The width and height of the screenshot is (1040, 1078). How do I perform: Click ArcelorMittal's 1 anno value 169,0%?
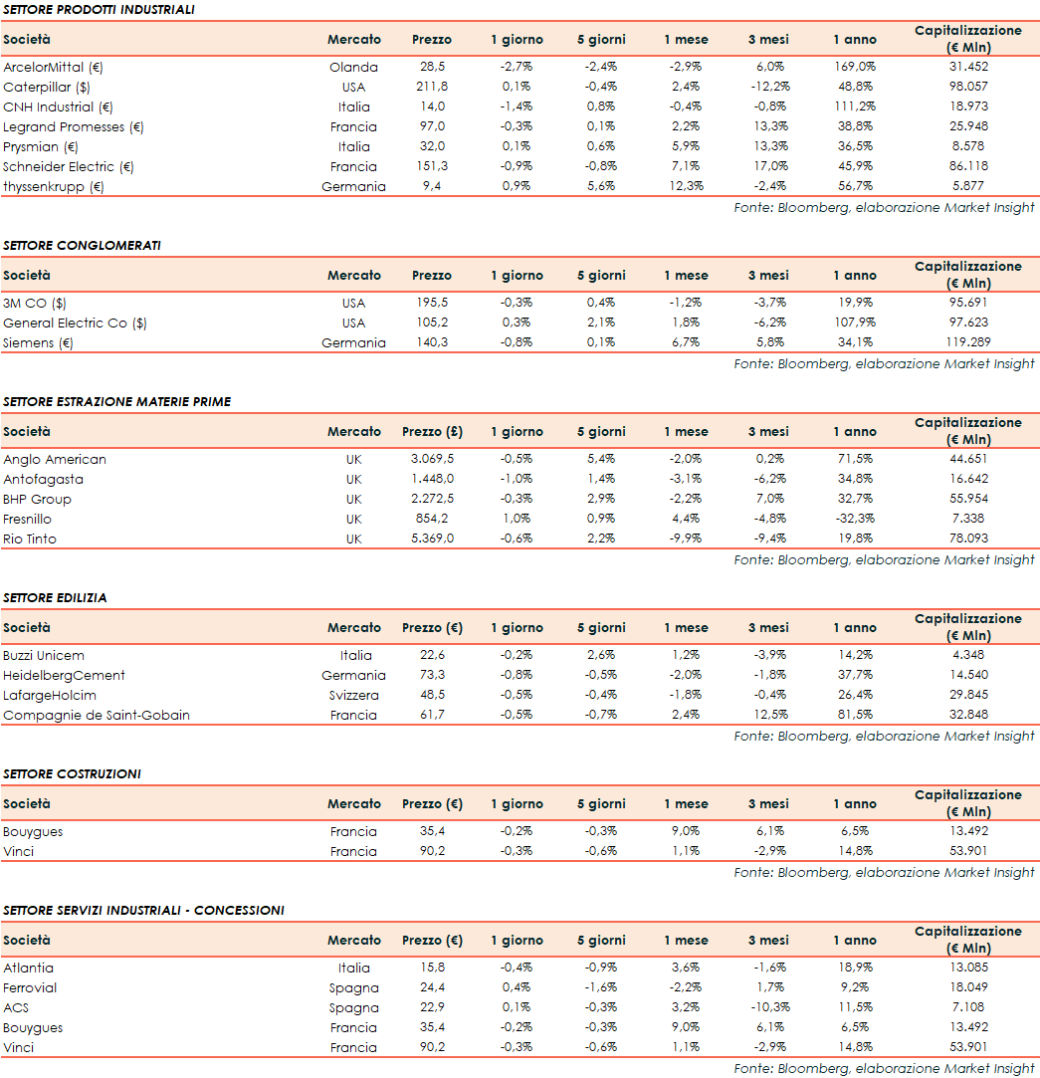(x=855, y=67)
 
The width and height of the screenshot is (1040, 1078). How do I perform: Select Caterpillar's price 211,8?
(x=432, y=87)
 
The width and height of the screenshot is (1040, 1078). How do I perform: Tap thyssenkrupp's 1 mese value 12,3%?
(x=687, y=186)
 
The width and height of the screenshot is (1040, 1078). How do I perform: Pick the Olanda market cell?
(x=353, y=67)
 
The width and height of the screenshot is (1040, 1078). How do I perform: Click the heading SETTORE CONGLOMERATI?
(x=82, y=245)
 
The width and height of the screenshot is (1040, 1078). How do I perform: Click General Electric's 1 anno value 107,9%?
(x=855, y=323)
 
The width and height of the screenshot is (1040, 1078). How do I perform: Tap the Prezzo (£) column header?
(x=432, y=431)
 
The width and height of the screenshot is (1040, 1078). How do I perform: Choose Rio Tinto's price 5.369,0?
(x=432, y=539)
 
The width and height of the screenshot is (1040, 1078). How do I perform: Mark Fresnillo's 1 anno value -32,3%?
(x=855, y=519)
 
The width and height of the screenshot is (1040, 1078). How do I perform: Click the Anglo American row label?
(x=55, y=459)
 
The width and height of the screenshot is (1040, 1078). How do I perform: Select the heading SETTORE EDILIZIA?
(x=55, y=597)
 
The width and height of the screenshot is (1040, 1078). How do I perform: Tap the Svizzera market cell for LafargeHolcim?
(x=353, y=695)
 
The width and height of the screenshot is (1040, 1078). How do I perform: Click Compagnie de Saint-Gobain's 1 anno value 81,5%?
(x=855, y=715)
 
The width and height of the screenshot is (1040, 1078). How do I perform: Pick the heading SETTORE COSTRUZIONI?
(x=72, y=773)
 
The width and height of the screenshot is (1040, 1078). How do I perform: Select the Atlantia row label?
(x=29, y=968)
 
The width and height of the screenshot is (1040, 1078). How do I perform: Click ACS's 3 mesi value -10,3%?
(x=768, y=1007)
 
